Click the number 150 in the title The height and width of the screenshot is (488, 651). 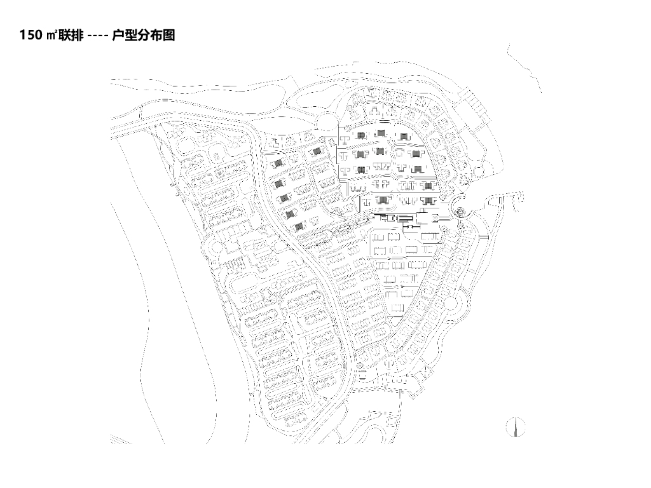(31, 36)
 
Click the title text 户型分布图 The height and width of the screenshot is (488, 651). (143, 36)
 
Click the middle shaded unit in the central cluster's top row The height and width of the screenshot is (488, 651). (381, 133)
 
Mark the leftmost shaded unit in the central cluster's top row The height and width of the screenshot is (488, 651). (360, 135)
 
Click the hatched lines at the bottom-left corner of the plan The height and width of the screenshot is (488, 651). (116, 439)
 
